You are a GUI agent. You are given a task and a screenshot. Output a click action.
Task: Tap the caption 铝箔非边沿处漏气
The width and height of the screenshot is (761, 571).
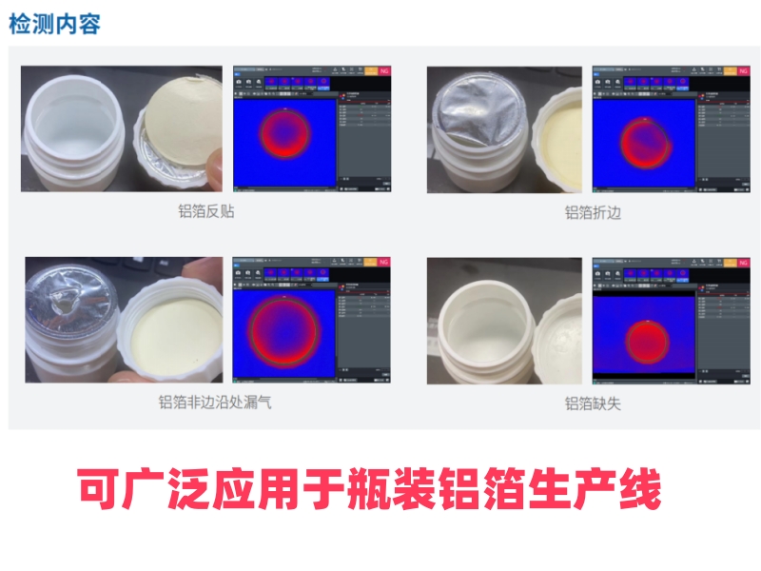click(x=215, y=403)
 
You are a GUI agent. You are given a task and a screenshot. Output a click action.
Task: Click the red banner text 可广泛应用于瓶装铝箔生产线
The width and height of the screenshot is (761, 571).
click(x=368, y=490)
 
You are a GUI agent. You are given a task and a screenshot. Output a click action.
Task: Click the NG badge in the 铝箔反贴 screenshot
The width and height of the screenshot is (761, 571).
click(x=384, y=71)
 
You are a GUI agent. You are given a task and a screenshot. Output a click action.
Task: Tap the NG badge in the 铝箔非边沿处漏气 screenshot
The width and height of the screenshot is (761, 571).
click(x=384, y=262)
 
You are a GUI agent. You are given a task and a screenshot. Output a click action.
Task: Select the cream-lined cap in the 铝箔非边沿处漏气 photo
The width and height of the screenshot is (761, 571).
click(x=176, y=324)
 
